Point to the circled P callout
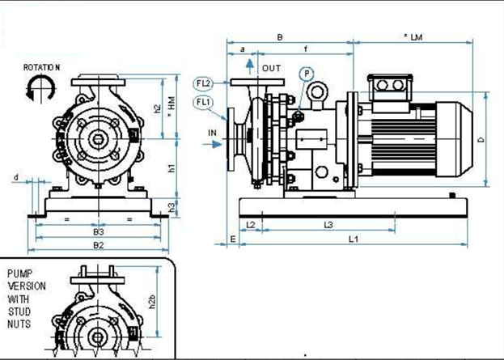[x=307, y=74]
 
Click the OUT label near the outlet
[x=271, y=68]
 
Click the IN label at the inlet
[x=212, y=131]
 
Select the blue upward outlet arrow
[x=252, y=64]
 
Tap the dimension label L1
[x=354, y=239]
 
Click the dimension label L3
[x=328, y=223]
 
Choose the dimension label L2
[x=250, y=223]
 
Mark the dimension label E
[x=232, y=239]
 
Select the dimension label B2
[x=98, y=244]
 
